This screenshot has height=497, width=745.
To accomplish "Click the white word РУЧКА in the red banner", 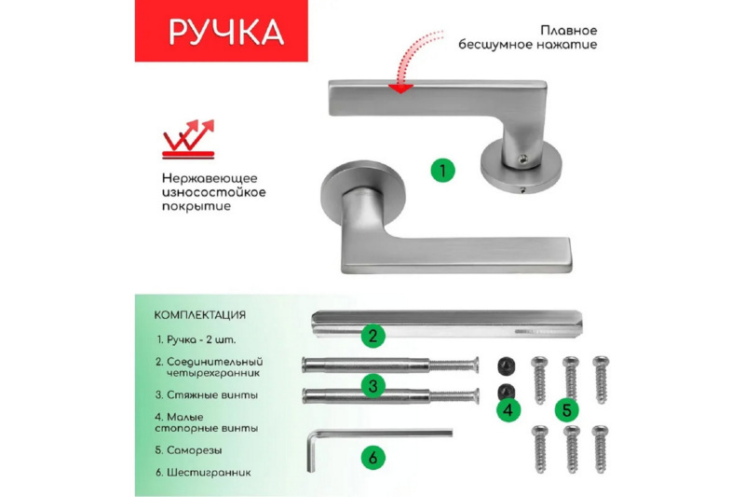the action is point(226,33).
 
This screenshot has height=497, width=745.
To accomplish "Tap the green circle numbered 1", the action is point(443,170).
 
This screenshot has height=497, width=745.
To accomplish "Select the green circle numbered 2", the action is point(373,336).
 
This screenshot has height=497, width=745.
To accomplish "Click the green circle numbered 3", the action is point(373,386).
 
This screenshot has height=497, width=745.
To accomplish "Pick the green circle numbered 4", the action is point(508,410).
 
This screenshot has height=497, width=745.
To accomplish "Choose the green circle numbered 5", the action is point(567,410).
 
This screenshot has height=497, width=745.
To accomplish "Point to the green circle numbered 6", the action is point(373,458).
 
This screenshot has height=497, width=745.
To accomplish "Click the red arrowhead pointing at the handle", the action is point(400,89).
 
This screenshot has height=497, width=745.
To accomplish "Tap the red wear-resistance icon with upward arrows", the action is point(189,139).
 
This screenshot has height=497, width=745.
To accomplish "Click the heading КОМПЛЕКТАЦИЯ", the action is point(200,315).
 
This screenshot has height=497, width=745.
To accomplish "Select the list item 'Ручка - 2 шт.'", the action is point(196,340).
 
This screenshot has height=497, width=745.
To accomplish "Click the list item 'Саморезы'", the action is point(189,450).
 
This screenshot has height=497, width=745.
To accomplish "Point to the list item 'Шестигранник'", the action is point(203,473).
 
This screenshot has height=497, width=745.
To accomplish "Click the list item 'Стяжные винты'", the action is point(206,395).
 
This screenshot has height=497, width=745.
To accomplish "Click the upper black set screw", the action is point(506,366).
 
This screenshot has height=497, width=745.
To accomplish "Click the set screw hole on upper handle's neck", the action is point(522,159).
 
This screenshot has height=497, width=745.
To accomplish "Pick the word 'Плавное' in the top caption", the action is point(568,31).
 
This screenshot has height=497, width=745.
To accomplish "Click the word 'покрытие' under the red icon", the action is point(196,207).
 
